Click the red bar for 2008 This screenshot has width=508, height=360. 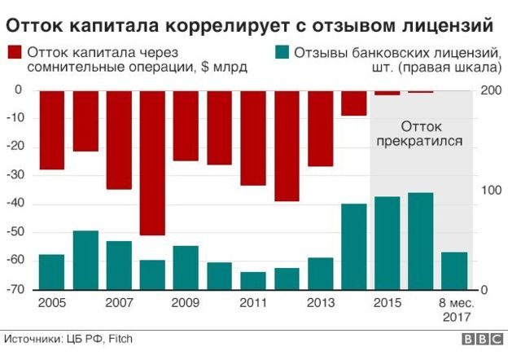[x=152, y=162]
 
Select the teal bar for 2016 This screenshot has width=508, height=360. [x=420, y=241]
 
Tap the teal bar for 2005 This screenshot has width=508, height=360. [x=52, y=272]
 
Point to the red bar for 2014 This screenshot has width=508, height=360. [x=353, y=103]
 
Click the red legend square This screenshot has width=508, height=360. [x=15, y=54]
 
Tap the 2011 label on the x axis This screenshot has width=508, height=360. [x=253, y=303]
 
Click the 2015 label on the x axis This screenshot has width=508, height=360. [x=387, y=303]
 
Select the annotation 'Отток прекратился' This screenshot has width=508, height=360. [x=421, y=134]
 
